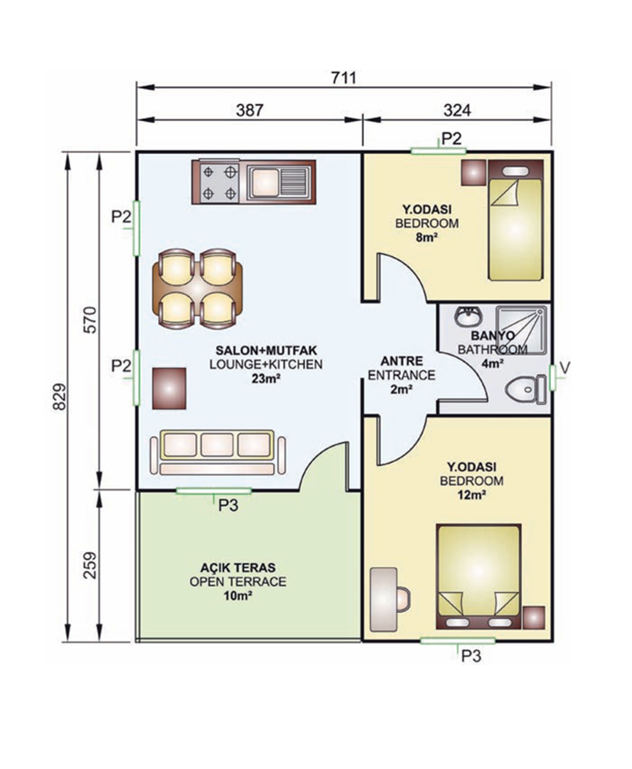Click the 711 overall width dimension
point(343,78)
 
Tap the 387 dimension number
point(250,110)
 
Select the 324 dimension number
point(457,110)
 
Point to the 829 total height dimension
point(60,397)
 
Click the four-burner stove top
point(220,183)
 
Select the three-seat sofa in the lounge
point(218,452)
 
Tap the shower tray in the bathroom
point(521,330)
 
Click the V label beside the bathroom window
point(565,368)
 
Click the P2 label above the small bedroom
point(451,139)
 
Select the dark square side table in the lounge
point(169,389)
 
